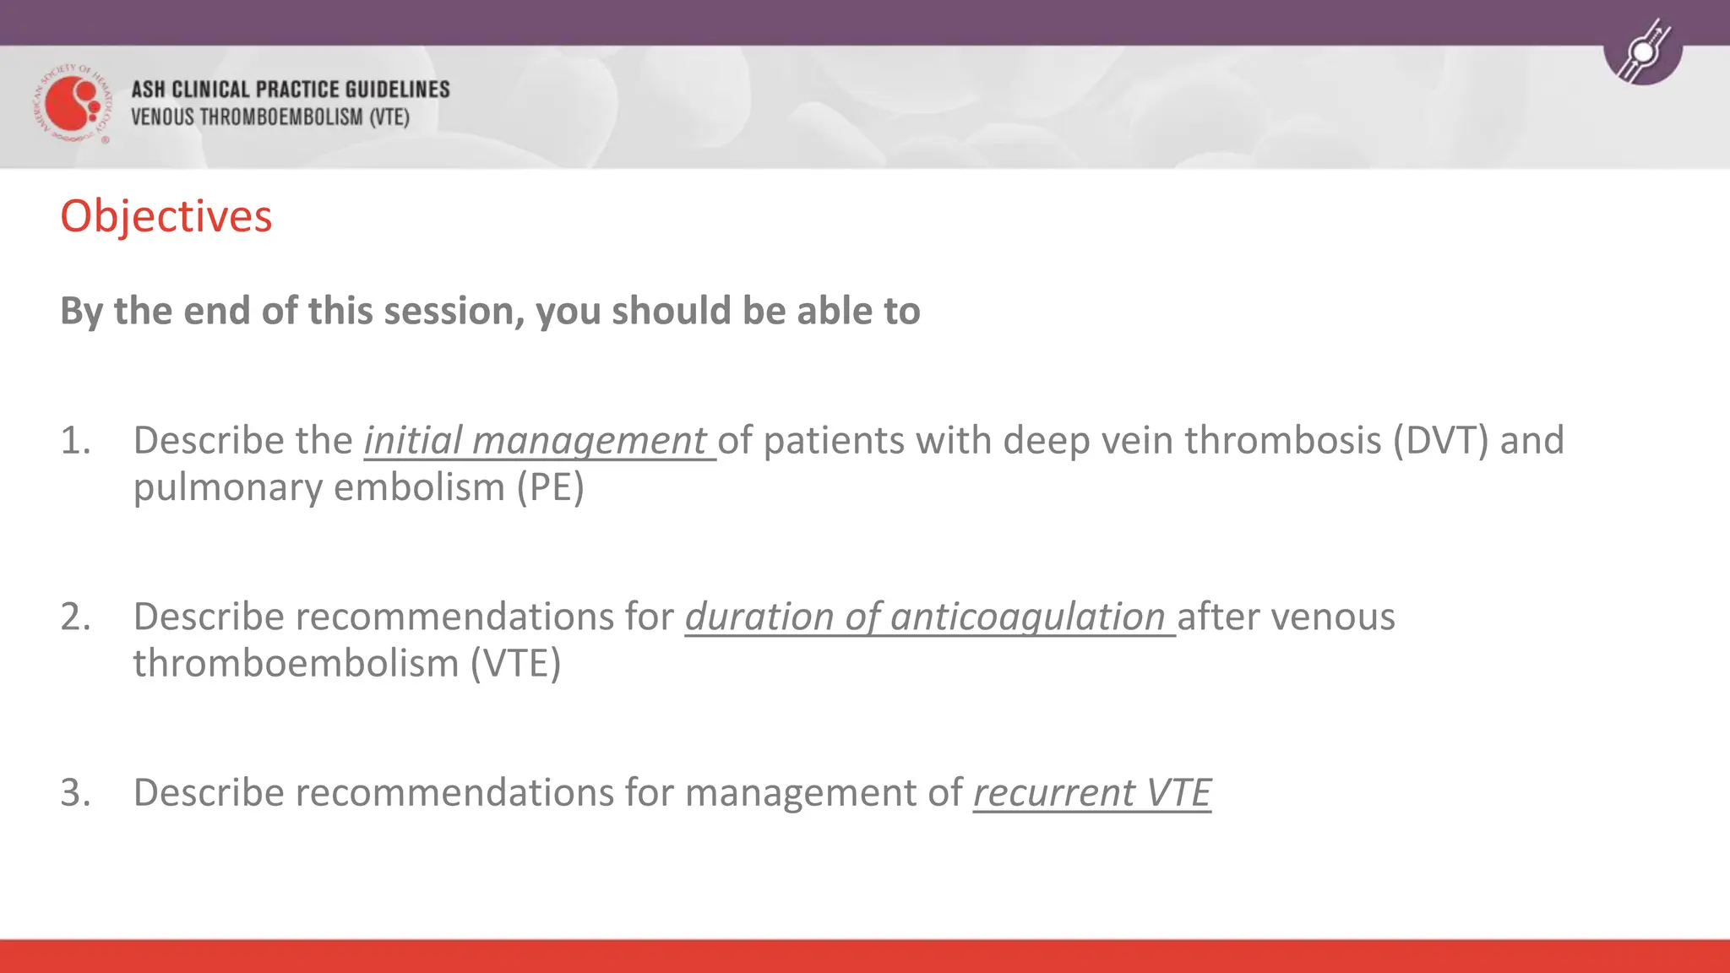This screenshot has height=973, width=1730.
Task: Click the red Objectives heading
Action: [x=166, y=216]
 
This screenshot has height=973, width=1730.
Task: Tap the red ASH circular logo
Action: [x=73, y=104]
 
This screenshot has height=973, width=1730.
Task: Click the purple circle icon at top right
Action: [x=1643, y=51]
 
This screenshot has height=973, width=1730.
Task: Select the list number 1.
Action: [x=75, y=441]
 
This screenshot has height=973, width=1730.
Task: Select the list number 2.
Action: [x=75, y=617]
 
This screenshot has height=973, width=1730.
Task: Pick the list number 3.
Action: [x=75, y=792]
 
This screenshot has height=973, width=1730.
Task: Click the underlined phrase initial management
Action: [x=539, y=441]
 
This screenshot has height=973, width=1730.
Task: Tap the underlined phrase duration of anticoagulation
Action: [x=929, y=617]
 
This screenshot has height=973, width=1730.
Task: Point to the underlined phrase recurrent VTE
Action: [x=1091, y=792]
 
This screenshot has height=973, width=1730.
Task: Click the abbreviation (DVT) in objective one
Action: [x=1440, y=441]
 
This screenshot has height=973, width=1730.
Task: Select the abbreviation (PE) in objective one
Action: [x=550, y=488]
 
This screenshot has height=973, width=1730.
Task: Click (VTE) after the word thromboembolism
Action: [x=515, y=664]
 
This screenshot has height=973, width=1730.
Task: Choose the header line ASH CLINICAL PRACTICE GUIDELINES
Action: [x=290, y=90]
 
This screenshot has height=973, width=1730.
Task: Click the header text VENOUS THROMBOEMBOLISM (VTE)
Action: [x=269, y=117]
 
